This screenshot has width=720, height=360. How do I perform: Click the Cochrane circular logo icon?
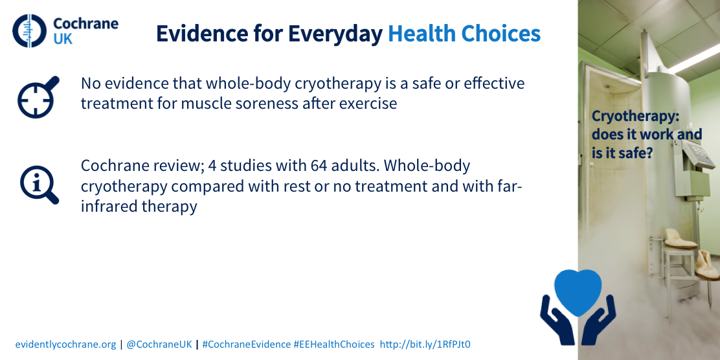(30, 31)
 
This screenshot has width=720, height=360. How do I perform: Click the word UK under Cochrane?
(63, 39)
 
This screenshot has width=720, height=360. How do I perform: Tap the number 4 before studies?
(212, 166)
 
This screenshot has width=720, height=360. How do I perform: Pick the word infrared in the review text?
(107, 206)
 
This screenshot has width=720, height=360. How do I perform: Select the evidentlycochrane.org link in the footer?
(65, 344)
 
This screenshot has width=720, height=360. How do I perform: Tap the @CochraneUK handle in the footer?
(159, 344)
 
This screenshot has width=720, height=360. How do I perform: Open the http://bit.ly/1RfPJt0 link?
(425, 344)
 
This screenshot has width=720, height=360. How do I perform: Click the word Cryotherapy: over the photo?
(635, 116)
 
